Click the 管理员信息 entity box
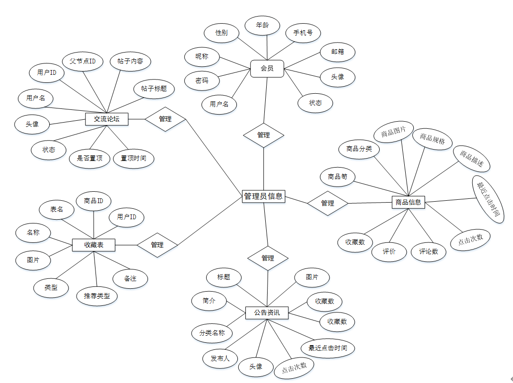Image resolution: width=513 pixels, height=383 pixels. pos(263,196)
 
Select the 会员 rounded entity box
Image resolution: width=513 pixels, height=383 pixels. pos(267,68)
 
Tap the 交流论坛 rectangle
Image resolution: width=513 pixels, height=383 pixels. pos(107,119)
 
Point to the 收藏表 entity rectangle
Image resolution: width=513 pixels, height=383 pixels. pos(94,245)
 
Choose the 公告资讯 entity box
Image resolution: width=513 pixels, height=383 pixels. pos(267,312)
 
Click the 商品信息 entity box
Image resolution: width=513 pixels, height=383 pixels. pos(409,203)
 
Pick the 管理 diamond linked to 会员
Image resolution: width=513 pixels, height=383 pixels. pos(263,135)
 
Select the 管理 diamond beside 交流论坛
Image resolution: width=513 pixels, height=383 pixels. pos(165,119)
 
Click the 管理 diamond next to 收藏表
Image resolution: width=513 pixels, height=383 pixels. pos(157,245)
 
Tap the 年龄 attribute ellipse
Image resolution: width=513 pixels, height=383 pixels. pos(262,25)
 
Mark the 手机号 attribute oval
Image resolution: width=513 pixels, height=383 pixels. pos(303,33)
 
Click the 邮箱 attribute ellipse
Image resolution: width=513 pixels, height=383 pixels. pos(338,52)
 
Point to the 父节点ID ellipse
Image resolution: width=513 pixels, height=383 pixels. pos(83,62)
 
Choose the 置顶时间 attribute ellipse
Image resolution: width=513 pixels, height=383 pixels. pos(133,158)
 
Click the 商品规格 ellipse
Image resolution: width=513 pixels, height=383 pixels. pos(432,138)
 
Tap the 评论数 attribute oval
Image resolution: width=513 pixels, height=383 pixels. pos(429,251)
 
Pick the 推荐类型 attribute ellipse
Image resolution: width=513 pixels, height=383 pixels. pos(97,296)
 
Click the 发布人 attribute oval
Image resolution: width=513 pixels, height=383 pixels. pos(220,358)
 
